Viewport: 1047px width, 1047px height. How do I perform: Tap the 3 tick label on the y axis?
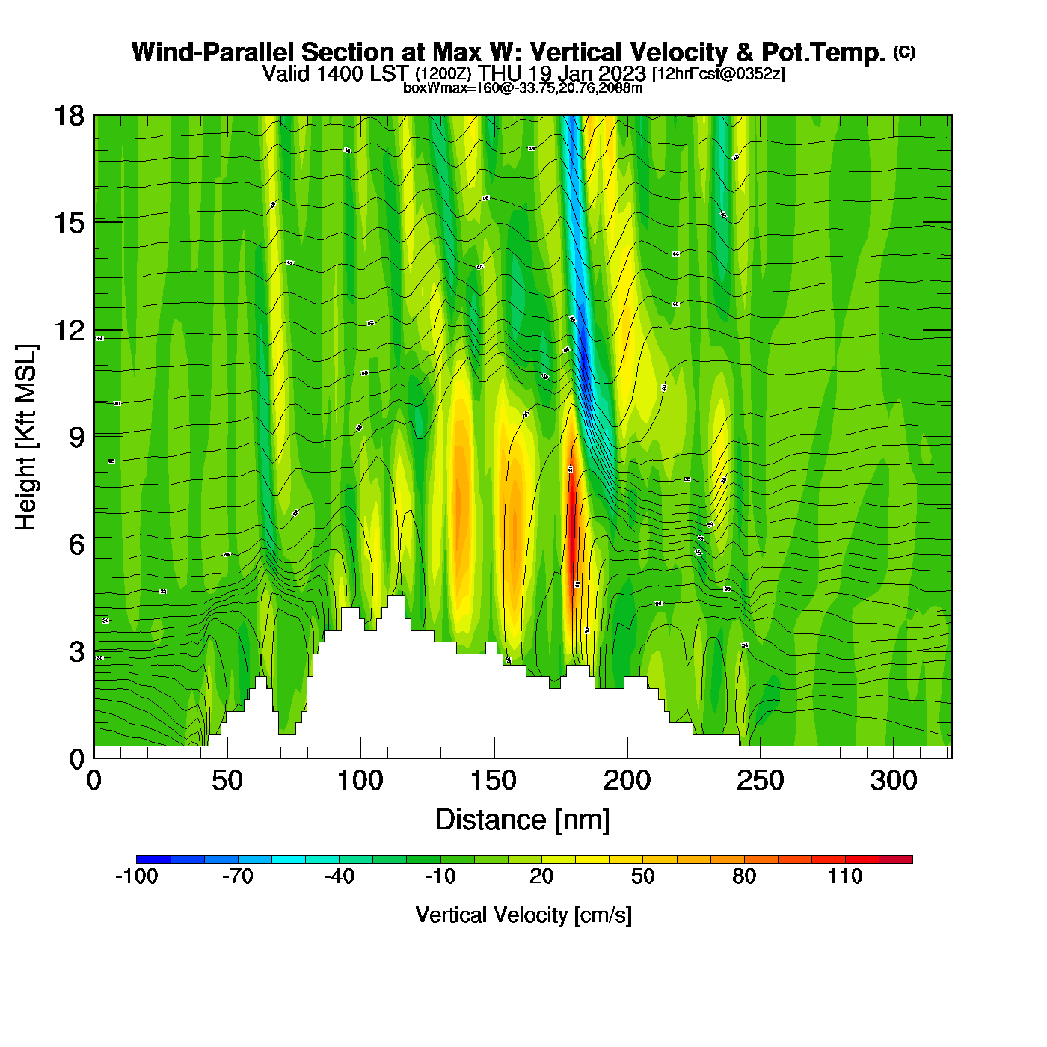click(76, 651)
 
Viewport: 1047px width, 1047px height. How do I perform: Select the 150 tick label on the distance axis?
click(494, 781)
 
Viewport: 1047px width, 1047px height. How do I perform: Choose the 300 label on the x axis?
click(894, 781)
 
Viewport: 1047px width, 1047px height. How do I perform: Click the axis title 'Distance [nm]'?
click(523, 820)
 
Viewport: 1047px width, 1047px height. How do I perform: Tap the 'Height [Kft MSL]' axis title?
click(26, 437)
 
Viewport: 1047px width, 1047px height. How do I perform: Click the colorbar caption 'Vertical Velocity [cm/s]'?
click(523, 915)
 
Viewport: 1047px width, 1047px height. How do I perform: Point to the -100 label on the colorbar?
click(137, 876)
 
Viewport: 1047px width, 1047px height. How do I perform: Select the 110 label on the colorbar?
click(845, 876)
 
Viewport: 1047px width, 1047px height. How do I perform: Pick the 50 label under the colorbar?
click(643, 876)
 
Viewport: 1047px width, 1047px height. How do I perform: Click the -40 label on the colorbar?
click(339, 876)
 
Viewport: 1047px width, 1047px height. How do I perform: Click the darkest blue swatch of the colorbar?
click(153, 859)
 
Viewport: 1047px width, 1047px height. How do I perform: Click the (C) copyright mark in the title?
click(904, 52)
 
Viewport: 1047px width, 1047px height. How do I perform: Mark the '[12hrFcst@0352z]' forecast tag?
click(719, 74)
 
